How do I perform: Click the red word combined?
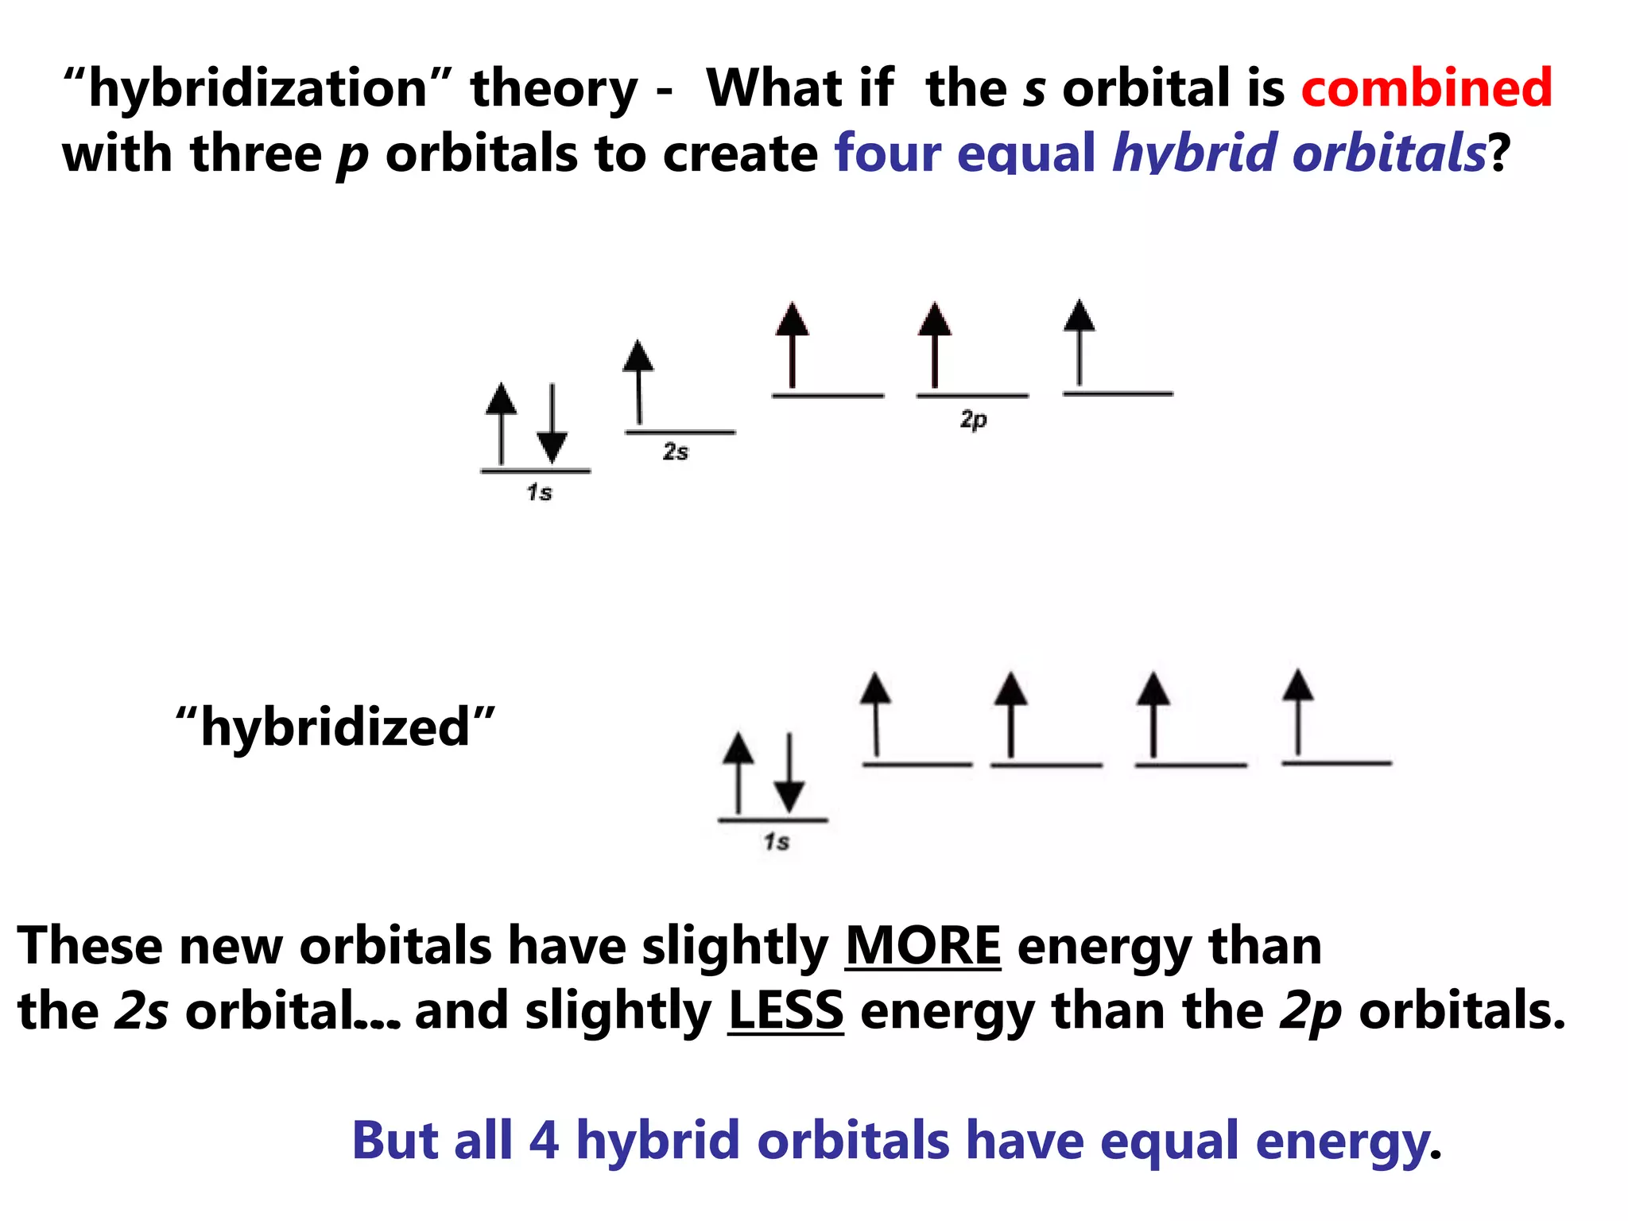(x=1426, y=87)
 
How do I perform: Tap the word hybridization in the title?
(x=258, y=89)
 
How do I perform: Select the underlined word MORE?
(x=922, y=946)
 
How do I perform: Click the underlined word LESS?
(x=785, y=1010)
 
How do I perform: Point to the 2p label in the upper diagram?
(x=973, y=419)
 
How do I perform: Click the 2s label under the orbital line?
(x=676, y=452)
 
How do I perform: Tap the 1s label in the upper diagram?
(x=539, y=493)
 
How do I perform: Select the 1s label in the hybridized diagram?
(x=777, y=842)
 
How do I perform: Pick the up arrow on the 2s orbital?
(x=638, y=382)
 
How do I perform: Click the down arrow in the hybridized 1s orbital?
(x=789, y=773)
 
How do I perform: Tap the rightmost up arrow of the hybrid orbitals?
(x=1297, y=711)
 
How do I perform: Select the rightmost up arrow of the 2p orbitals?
(x=1079, y=343)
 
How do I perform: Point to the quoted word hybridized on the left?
(x=335, y=727)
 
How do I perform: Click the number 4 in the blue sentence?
(x=544, y=1141)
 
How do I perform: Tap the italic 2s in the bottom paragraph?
(x=141, y=1011)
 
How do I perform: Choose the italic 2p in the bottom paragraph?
(x=1310, y=1011)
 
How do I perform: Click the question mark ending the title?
(x=1498, y=153)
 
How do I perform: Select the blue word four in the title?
(x=886, y=153)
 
